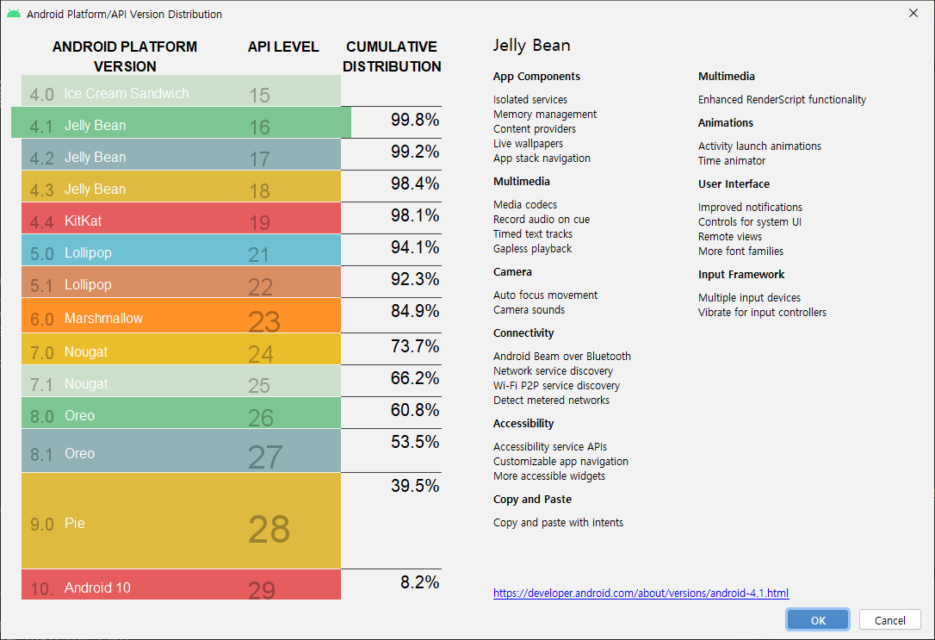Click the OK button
[x=817, y=620]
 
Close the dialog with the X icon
[x=913, y=14]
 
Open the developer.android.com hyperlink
[x=641, y=593]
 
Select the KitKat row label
[x=83, y=221]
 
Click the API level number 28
[x=269, y=529]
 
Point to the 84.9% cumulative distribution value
[x=415, y=310]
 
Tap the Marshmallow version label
[x=103, y=319]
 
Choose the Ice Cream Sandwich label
[x=126, y=93]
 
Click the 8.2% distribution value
[x=419, y=582]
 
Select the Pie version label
[x=75, y=523]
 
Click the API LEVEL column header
[x=283, y=47]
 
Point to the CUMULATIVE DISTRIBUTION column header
[x=392, y=56]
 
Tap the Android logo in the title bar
[x=14, y=14]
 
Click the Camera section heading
[x=512, y=271]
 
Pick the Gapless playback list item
[x=532, y=248]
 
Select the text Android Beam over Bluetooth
[x=561, y=356]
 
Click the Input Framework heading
[x=741, y=274]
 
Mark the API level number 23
[x=264, y=321]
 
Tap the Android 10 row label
[x=97, y=587]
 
